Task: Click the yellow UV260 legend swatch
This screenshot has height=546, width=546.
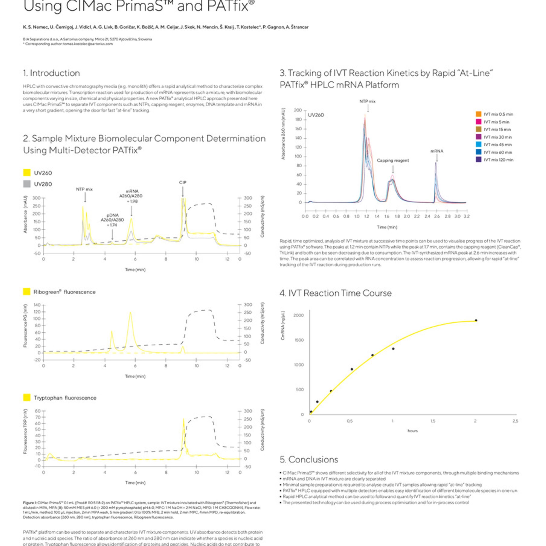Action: [27, 173]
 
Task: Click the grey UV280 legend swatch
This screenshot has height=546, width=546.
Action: [27, 184]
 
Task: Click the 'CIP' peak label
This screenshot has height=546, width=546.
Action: [182, 182]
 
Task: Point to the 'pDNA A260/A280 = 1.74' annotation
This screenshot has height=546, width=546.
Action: [112, 220]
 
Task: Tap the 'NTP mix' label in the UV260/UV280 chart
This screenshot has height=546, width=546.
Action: [84, 189]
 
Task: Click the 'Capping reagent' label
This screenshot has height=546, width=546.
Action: [392, 160]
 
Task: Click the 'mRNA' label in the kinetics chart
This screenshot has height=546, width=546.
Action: [437, 151]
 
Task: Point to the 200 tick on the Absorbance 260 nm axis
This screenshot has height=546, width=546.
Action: [298, 110]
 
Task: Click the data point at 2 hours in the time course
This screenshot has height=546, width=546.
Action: [476, 320]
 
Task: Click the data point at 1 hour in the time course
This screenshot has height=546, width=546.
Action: [393, 349]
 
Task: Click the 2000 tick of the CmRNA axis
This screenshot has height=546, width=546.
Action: [298, 315]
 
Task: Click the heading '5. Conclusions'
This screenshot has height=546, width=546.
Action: [309, 460]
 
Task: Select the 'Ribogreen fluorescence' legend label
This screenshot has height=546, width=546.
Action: [64, 292]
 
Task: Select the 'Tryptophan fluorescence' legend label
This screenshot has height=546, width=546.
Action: [65, 398]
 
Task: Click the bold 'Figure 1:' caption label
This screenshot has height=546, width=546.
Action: [30, 503]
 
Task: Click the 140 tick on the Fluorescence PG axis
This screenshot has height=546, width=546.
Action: [37, 305]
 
